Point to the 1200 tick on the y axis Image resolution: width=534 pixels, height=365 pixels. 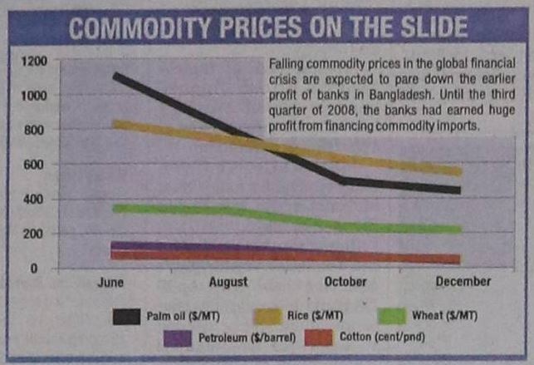[35, 61]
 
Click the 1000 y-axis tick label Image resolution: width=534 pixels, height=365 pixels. [35, 95]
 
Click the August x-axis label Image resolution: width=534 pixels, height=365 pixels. [228, 283]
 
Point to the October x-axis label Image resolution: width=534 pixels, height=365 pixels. [345, 282]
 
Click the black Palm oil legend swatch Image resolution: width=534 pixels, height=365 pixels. [128, 315]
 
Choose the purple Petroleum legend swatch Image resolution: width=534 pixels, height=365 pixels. [179, 338]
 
